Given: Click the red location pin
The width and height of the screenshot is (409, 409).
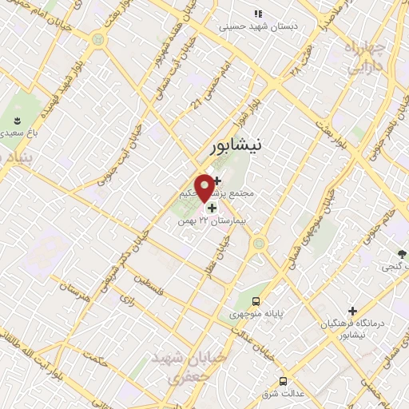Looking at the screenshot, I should coord(204,187).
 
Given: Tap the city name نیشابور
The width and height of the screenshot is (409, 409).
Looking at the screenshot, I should coord(236,147).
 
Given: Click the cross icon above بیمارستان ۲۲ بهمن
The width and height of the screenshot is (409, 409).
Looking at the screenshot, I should coord(212,208).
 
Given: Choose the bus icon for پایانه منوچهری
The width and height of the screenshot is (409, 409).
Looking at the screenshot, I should coord(256,301).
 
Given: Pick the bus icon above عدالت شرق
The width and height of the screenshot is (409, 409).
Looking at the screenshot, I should coord(283,380).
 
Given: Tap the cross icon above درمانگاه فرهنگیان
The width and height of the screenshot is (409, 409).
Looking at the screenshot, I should coord(352,310).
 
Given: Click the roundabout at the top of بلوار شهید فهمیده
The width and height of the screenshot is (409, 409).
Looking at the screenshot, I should coord(97,38).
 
